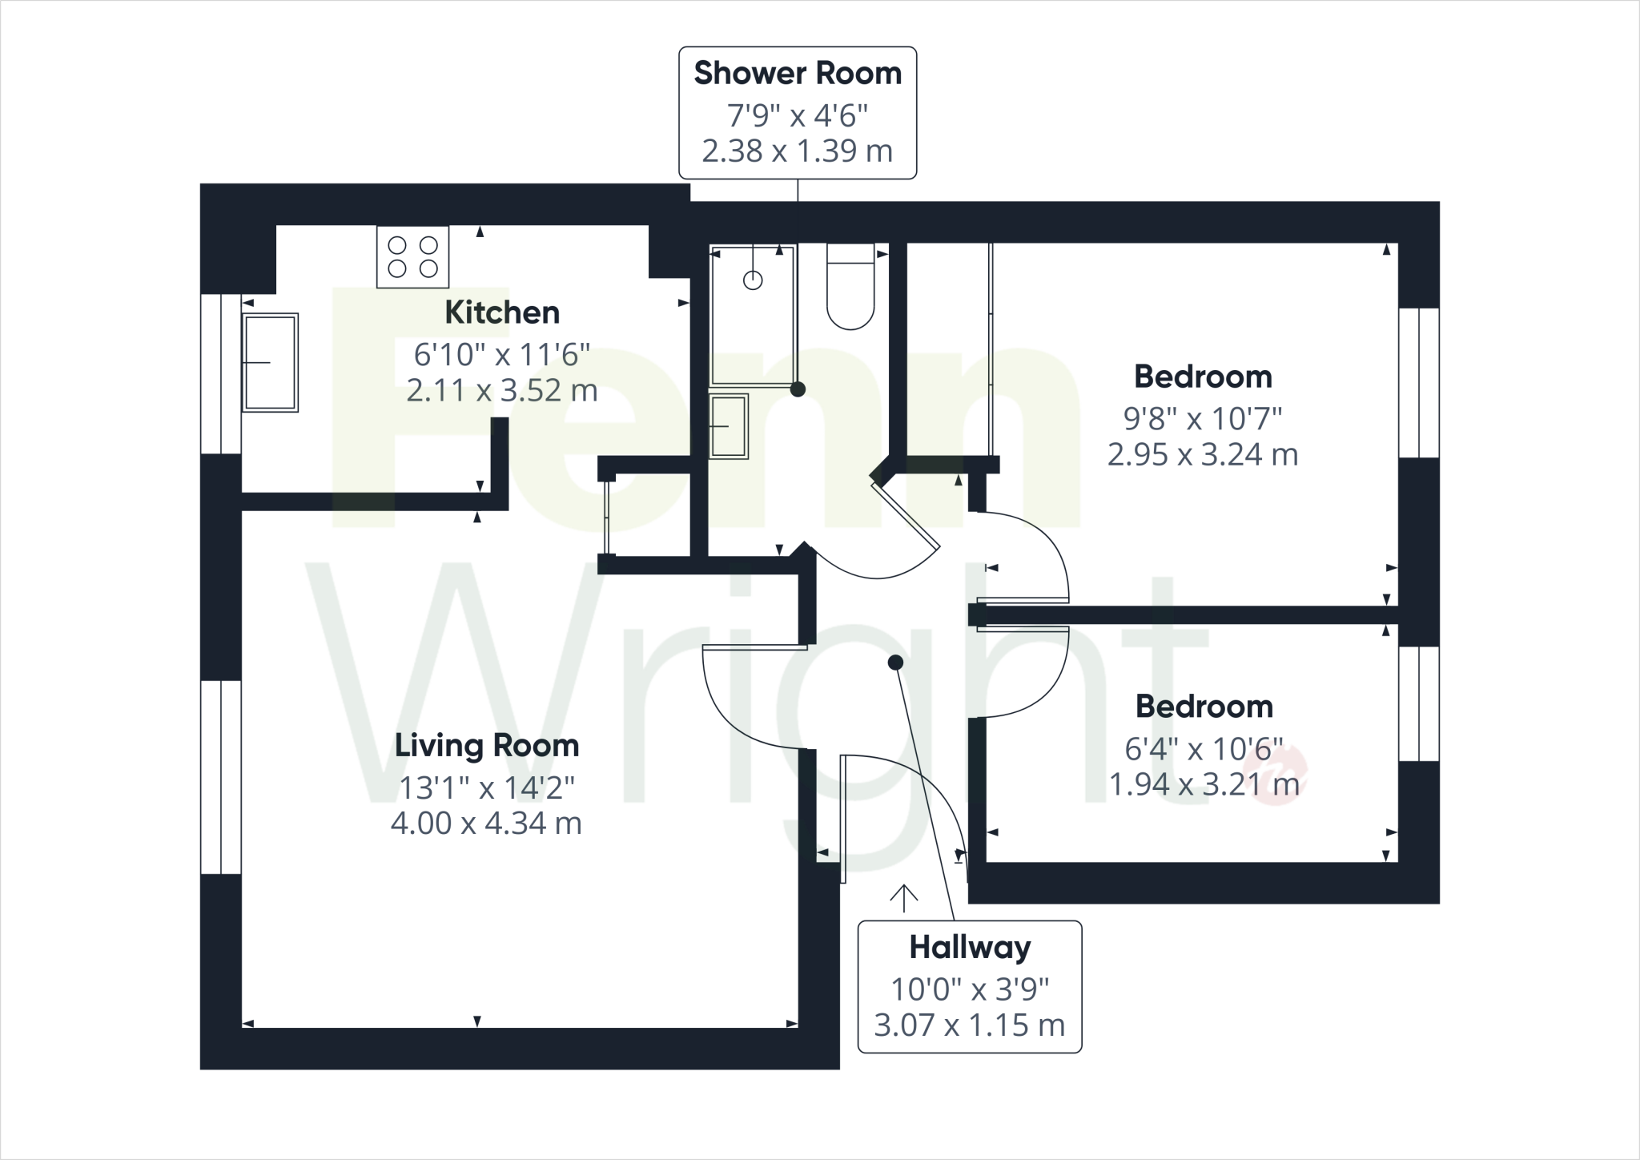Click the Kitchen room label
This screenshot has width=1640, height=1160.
coord(502,312)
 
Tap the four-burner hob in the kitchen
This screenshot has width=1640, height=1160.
coord(412,256)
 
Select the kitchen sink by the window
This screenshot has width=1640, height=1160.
coord(271,362)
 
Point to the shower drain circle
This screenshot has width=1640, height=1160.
coord(753,280)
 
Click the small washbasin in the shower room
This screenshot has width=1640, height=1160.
coord(728,426)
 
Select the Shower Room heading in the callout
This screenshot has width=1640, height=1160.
coord(798,73)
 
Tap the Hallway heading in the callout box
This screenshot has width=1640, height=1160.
coord(970,948)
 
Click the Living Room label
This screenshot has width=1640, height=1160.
coord(487,746)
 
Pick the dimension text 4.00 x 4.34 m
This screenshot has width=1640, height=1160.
coord(486,824)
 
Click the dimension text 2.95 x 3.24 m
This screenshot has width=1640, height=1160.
coord(1203,455)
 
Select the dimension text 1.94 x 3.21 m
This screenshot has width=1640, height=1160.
coord(1204,785)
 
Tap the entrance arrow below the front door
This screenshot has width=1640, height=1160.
coord(903,898)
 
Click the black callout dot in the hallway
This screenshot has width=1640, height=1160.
coord(895,663)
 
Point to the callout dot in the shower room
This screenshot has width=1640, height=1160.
coord(798,389)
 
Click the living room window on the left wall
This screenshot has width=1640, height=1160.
coord(220,776)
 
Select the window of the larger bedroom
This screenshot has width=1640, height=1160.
coord(1418,383)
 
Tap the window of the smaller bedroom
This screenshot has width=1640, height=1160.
coord(1418,703)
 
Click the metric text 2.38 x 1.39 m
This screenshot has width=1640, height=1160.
coord(797,151)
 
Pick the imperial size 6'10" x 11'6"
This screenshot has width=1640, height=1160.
coord(502,354)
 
